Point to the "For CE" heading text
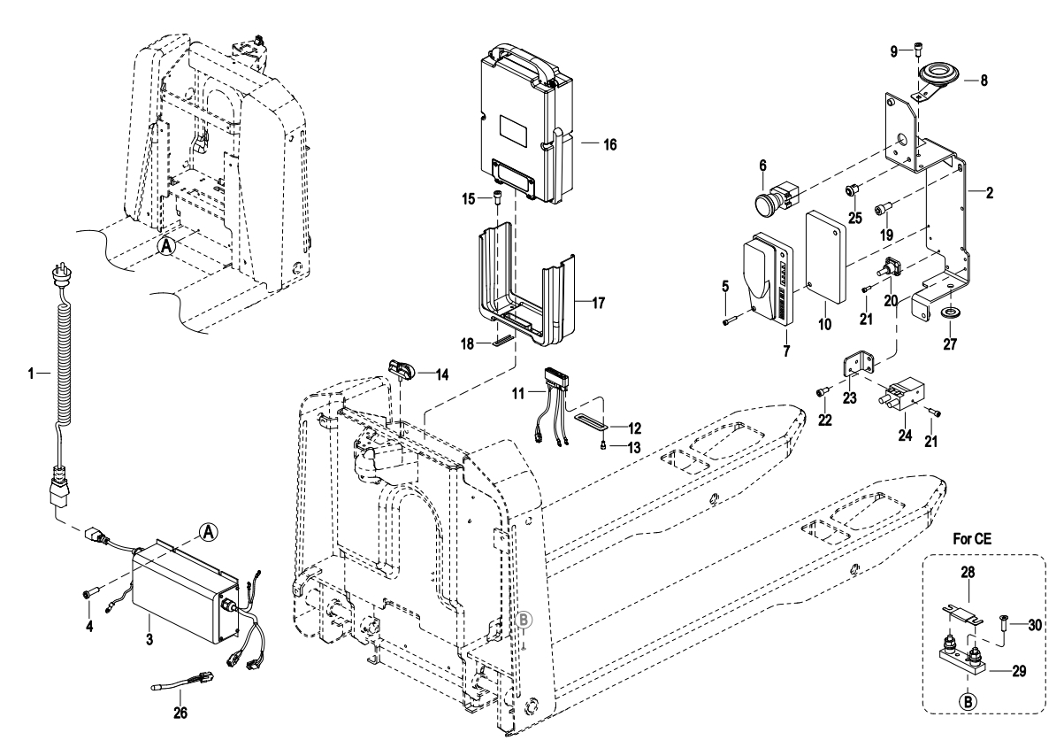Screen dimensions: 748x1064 [973, 537]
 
